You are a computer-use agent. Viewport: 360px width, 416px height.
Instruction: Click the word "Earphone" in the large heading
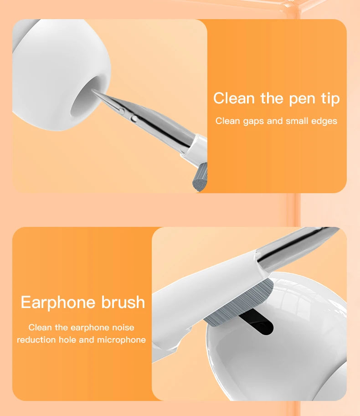[x=58, y=303]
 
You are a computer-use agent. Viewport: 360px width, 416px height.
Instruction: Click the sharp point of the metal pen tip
[x=93, y=90]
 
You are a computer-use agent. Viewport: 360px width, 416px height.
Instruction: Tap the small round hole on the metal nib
[x=133, y=119]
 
